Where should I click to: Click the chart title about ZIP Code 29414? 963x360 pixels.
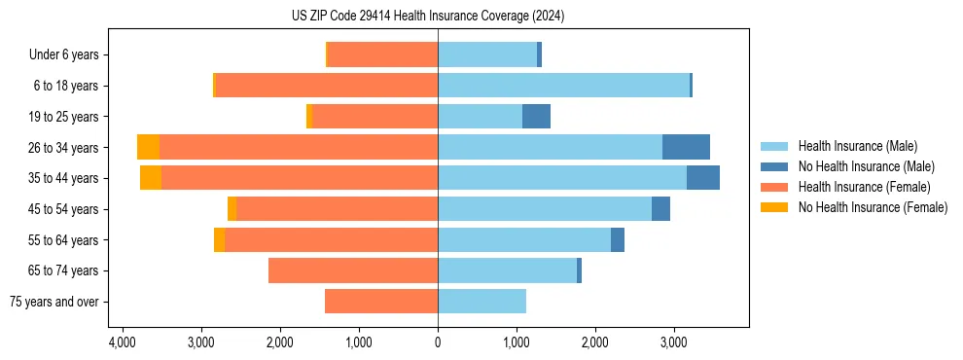click(x=427, y=16)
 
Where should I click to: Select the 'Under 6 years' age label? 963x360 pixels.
click(x=63, y=55)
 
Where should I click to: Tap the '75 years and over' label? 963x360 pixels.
click(x=53, y=302)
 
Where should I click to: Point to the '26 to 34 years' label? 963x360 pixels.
click(x=63, y=148)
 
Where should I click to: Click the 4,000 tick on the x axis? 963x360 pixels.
click(x=123, y=342)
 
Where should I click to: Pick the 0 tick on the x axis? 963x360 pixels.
click(x=438, y=342)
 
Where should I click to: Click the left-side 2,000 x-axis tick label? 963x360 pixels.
click(x=280, y=342)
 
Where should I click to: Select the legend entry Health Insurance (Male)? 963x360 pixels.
click(x=857, y=146)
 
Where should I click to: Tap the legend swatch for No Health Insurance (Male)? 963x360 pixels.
click(x=775, y=166)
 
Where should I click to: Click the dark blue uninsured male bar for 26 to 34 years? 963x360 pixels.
click(x=686, y=148)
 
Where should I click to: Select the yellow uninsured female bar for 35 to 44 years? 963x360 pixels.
click(x=151, y=178)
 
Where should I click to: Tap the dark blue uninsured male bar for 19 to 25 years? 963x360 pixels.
click(x=536, y=117)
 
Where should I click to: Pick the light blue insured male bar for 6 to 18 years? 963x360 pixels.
click(x=563, y=86)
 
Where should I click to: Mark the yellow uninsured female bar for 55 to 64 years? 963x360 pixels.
click(x=220, y=240)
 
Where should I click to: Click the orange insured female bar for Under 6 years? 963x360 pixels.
click(x=383, y=55)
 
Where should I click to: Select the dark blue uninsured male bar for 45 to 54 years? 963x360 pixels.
click(x=660, y=209)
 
